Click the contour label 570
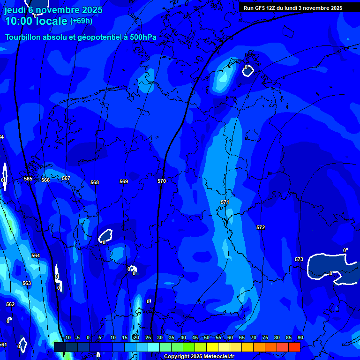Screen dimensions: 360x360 162,181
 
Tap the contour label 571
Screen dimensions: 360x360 225,202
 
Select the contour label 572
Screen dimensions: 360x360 261,227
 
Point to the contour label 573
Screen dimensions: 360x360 299,259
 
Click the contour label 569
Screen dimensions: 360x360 124,181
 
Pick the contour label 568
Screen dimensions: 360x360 95,182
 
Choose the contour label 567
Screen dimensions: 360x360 66,178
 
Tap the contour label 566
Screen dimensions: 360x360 45,180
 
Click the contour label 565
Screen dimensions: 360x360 28,179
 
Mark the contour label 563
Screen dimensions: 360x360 27,283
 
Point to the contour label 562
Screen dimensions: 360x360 10,304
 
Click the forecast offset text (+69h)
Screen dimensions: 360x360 81,21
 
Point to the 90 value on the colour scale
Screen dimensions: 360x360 300,337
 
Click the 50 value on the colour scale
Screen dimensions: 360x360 207,337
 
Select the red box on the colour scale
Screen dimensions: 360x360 294,347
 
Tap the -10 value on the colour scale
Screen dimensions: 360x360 67,337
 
